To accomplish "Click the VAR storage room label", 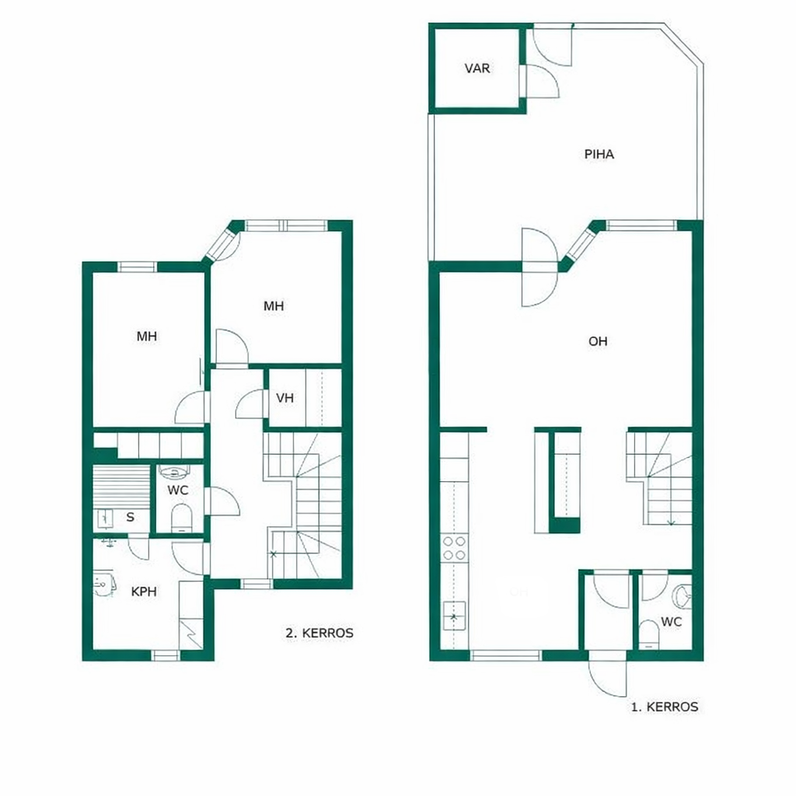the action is [x=477, y=68].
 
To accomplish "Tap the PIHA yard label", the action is [x=599, y=155].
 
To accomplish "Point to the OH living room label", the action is [x=598, y=341].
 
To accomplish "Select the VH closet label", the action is [x=285, y=398].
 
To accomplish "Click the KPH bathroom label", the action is [x=144, y=592].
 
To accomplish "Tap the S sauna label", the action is [x=131, y=517].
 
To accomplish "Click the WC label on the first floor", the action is [x=671, y=622].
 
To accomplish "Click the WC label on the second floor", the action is [x=178, y=491].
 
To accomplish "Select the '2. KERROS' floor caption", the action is [x=319, y=633].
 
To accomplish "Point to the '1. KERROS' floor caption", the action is [x=665, y=707].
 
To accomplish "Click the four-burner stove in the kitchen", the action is [x=454, y=548].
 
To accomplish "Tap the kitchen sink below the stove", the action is [x=454, y=616].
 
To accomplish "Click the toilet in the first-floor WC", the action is [x=648, y=634].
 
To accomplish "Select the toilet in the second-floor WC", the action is [x=180, y=517].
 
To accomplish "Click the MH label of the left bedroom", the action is [x=147, y=336].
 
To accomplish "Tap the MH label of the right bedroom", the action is [x=274, y=306].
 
